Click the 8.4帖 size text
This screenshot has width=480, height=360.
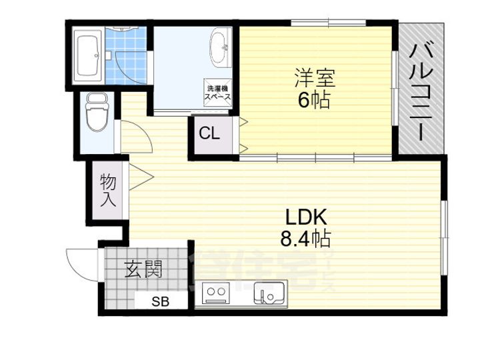305,238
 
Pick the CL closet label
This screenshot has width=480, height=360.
209,133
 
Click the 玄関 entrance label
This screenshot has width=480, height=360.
143,269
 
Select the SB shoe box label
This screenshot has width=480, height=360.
159,301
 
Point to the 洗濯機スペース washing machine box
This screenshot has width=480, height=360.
218,92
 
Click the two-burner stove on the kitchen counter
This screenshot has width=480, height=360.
216,292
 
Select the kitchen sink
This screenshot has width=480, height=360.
269,293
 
